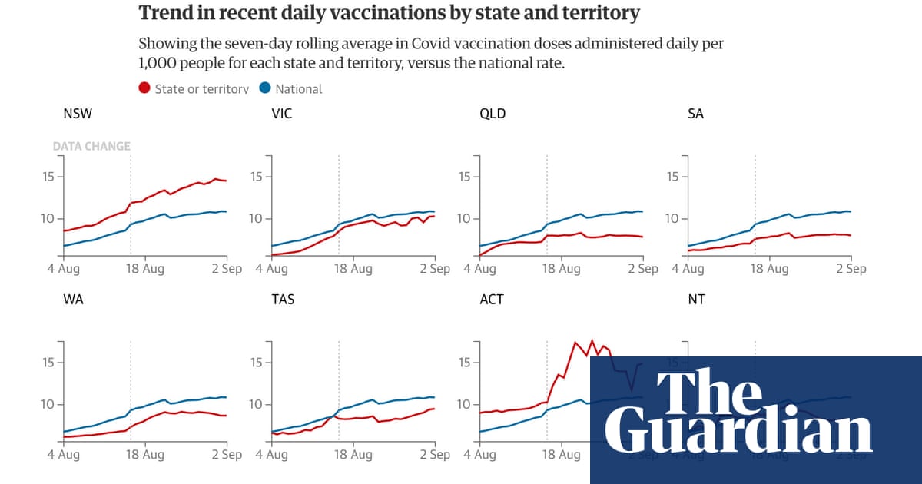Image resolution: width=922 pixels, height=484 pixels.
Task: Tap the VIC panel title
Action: (x=282, y=114)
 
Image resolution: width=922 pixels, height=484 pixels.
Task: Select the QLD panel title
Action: (x=492, y=114)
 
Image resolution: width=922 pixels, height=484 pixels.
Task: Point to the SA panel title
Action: (x=695, y=114)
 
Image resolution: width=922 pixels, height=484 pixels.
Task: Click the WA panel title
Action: (x=74, y=300)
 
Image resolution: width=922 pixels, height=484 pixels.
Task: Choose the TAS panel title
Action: (x=284, y=300)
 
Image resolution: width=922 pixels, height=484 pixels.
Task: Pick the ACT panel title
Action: (x=492, y=300)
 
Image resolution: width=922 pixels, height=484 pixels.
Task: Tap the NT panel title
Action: (x=695, y=300)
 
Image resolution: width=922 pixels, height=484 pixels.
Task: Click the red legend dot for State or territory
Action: (x=144, y=88)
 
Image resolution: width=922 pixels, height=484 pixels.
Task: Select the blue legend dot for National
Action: (x=265, y=88)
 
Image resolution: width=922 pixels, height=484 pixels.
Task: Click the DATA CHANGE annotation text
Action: (x=91, y=146)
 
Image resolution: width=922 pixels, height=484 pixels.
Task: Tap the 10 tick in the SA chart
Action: (x=672, y=219)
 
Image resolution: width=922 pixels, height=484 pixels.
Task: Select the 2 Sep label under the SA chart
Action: (x=851, y=269)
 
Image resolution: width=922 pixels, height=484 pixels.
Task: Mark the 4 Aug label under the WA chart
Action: (x=63, y=455)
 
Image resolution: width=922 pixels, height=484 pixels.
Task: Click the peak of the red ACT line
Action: (x=592, y=340)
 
